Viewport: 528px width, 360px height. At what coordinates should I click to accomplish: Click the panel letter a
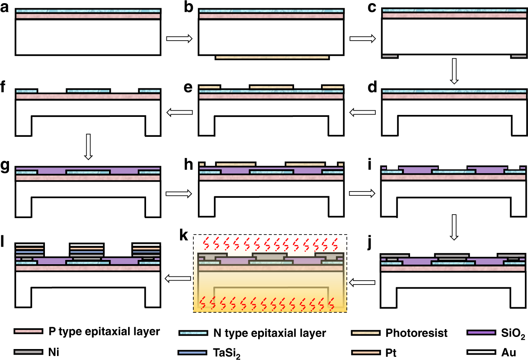[5, 7]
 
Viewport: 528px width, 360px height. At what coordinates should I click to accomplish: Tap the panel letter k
[184, 236]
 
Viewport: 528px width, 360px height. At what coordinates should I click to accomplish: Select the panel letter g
[5, 166]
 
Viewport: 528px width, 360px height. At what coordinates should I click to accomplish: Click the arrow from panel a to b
[179, 38]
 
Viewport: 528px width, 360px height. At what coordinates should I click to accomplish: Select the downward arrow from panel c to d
[453, 71]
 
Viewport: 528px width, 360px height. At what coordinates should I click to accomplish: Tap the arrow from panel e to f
[179, 113]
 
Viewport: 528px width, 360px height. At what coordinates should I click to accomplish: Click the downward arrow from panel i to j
[453, 227]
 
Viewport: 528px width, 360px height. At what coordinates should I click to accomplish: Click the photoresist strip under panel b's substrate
[272, 57]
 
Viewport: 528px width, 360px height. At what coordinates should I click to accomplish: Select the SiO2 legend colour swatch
[481, 333]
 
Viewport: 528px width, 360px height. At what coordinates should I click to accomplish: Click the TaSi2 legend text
[227, 353]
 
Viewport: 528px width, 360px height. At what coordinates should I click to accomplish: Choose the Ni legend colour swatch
[29, 352]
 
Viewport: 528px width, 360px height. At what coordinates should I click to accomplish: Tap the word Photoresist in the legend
[416, 333]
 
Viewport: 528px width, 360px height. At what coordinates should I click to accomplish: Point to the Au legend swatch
[481, 352]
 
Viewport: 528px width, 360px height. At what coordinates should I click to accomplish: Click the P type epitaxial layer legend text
[104, 331]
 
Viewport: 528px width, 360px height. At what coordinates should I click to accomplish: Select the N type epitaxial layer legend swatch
[193, 333]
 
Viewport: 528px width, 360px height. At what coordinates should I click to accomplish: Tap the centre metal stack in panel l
[87, 250]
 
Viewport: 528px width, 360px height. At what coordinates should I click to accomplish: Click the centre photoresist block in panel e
[271, 86]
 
